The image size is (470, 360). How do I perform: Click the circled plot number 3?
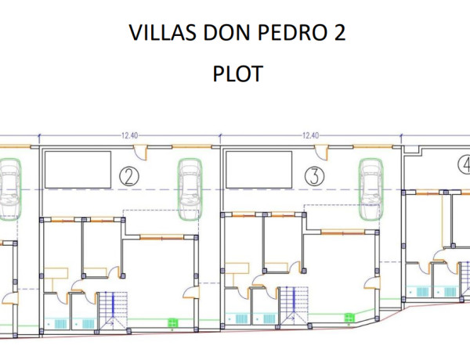314,177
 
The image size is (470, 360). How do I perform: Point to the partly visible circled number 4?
464,166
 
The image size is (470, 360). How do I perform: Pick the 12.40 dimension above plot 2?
130,135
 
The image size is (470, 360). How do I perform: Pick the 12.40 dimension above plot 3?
310,135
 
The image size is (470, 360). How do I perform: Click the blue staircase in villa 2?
114,308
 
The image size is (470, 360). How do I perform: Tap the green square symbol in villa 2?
172,322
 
